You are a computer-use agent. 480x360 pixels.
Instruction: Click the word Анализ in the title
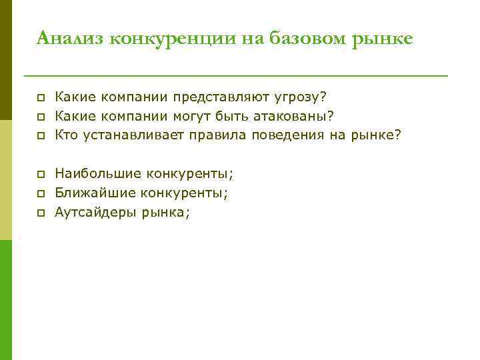(69, 39)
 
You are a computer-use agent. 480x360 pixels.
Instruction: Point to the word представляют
(221, 97)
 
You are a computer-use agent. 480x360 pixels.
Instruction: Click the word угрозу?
(301, 97)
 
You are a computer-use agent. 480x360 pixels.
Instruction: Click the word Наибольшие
(98, 174)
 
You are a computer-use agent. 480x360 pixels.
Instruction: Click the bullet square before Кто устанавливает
(40, 136)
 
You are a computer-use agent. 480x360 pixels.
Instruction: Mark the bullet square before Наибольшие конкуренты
(40, 175)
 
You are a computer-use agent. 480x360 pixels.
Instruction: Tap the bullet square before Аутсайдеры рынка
(40, 213)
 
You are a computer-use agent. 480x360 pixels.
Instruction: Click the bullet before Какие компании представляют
(40, 98)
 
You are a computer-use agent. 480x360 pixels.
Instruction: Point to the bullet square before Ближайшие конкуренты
(40, 194)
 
